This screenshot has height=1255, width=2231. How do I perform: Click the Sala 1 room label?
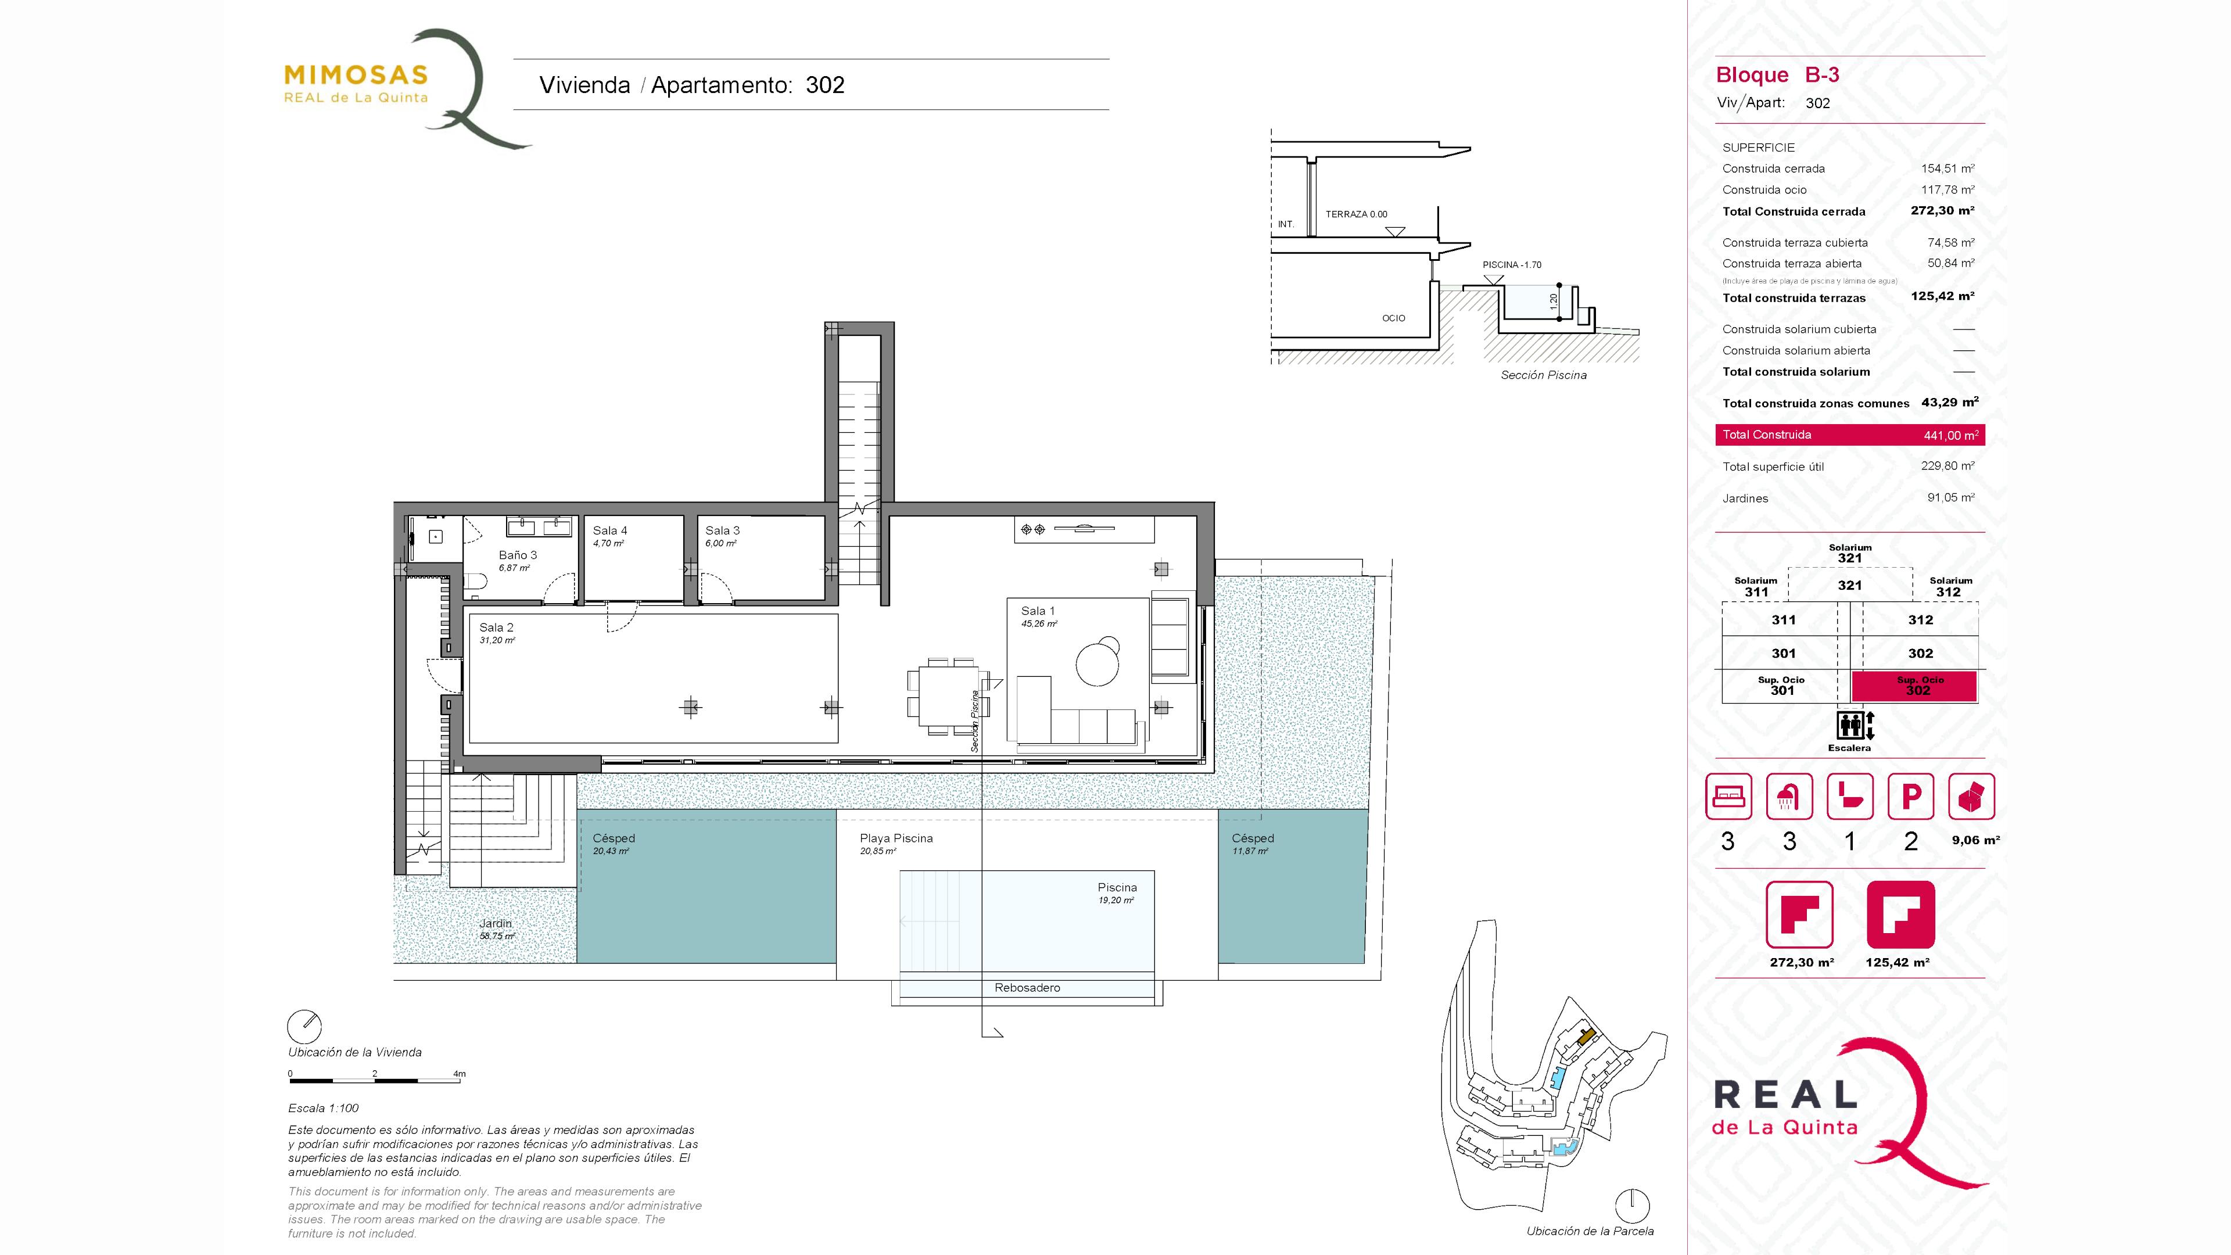click(1038, 611)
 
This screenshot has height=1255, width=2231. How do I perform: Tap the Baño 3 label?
click(517, 555)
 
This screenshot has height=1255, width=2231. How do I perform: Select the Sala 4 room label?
click(609, 530)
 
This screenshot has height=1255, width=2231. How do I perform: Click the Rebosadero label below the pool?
click(1027, 987)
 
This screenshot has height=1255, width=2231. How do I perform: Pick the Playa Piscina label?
click(896, 838)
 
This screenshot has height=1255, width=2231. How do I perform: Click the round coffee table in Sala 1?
click(1097, 662)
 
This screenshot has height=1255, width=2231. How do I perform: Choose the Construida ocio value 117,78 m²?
click(1948, 189)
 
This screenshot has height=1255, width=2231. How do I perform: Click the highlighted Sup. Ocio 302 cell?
click(1914, 686)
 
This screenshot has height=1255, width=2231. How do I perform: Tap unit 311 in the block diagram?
click(1783, 620)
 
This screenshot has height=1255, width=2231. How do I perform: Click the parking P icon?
click(1910, 796)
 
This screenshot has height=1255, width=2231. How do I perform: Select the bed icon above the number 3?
click(1728, 796)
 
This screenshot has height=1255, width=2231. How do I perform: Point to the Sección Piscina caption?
click(1543, 375)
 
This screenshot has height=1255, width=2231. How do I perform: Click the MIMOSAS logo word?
click(356, 76)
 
